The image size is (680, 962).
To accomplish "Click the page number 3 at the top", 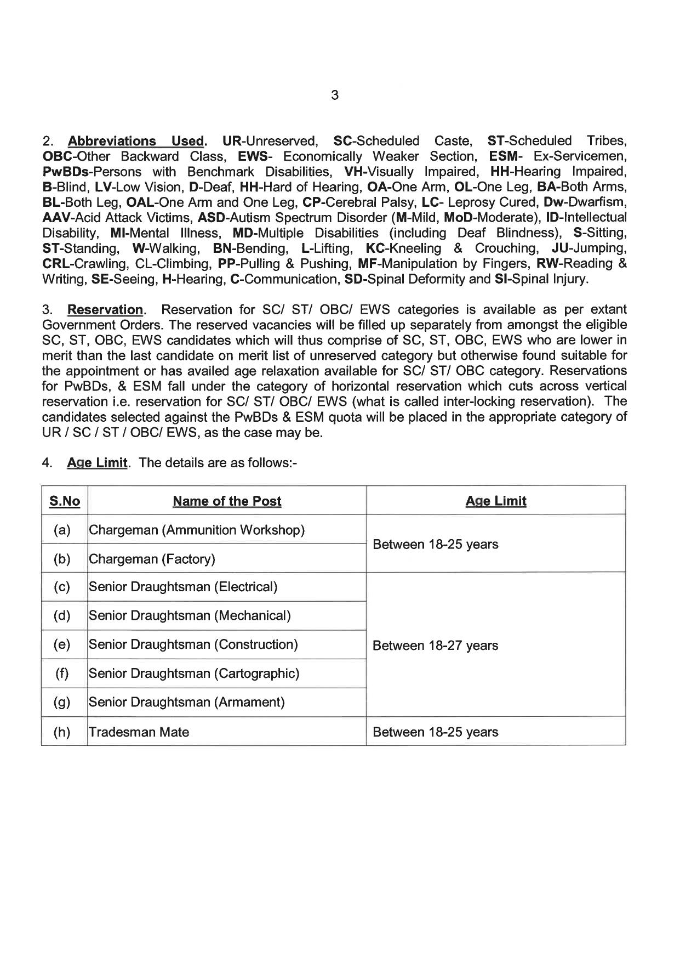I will [x=335, y=95].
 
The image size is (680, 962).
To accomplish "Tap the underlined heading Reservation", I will [x=105, y=309].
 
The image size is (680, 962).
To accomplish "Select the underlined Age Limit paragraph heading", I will [x=97, y=462].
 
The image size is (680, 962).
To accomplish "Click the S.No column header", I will [x=65, y=501].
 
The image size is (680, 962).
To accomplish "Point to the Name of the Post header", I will [x=227, y=501].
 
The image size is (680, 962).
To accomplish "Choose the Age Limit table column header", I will [x=496, y=501].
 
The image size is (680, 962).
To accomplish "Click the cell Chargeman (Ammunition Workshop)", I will [x=197, y=530].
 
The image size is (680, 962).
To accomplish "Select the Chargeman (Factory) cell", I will [x=152, y=559].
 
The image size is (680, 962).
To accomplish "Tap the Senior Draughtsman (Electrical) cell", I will [x=183, y=587].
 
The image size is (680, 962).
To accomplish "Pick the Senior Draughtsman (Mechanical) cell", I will [x=190, y=615].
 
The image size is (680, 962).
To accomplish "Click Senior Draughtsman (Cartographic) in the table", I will [x=194, y=673].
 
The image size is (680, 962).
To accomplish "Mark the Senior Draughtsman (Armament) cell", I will [x=187, y=702].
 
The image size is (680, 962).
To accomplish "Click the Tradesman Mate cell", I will [x=139, y=732].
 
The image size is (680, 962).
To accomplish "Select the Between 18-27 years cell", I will [x=436, y=645].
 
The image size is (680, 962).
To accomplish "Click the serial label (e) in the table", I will [x=62, y=644].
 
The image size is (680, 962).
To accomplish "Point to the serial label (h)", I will [x=62, y=732].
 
